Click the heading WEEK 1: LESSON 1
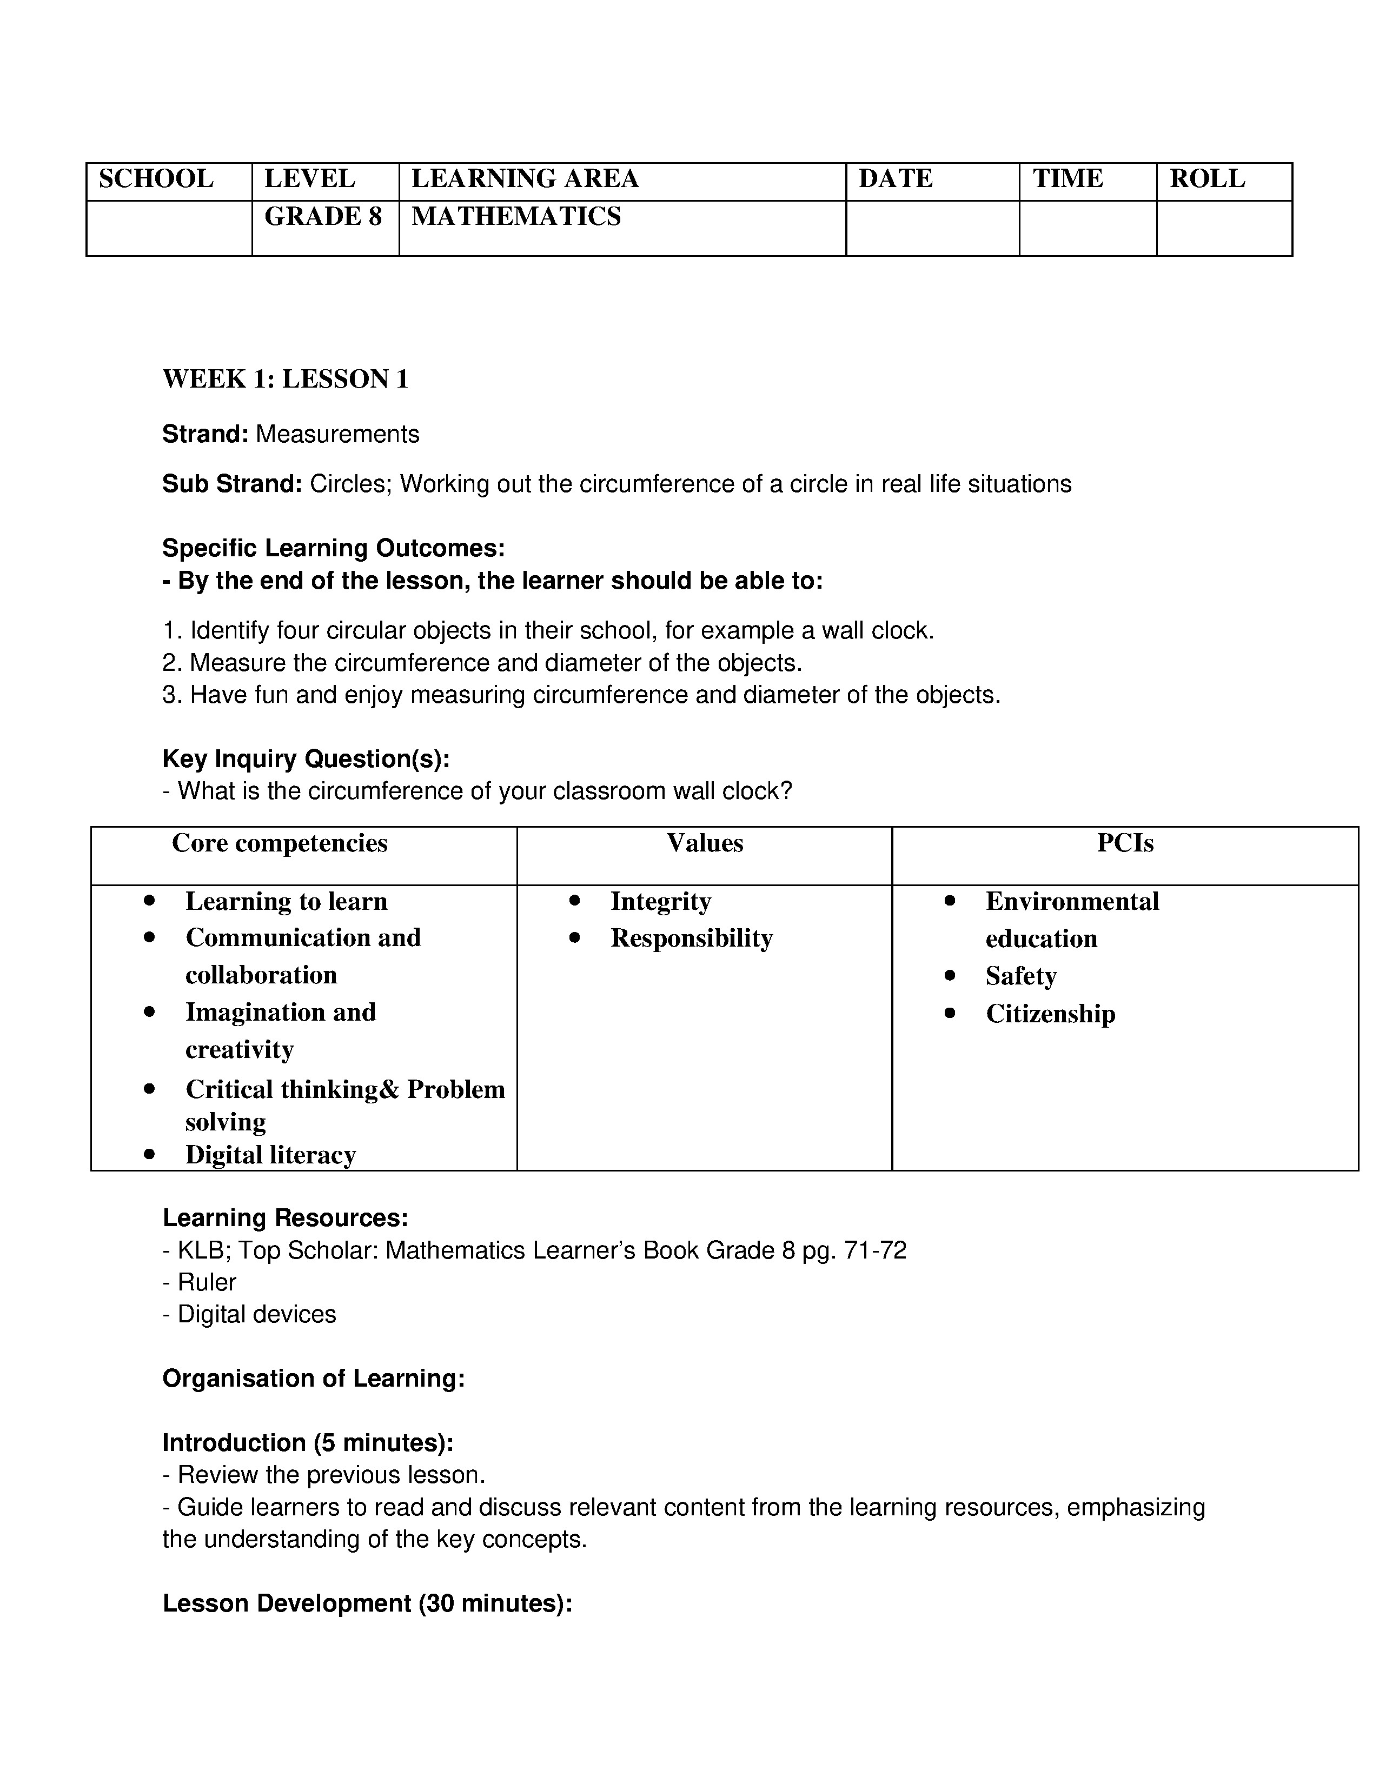tap(285, 379)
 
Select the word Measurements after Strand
tap(337, 435)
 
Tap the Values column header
tap(704, 843)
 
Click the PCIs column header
tap(1124, 843)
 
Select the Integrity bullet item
tap(660, 901)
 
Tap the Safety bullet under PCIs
tap(1020, 976)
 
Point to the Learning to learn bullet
tap(286, 901)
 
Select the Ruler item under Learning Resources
tap(207, 1282)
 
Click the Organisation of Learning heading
tap(314, 1379)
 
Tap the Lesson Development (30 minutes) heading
tap(367, 1603)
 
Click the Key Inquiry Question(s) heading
tap(306, 759)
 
